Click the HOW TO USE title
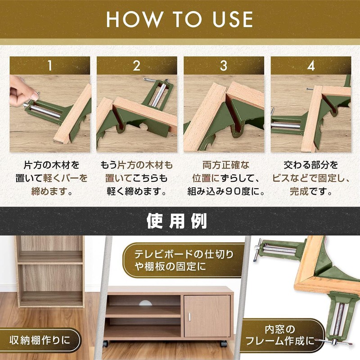point(180,19)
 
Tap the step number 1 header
point(50,65)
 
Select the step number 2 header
point(137,65)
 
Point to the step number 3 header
point(224,65)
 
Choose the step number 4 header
point(311,65)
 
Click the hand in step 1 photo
point(22,91)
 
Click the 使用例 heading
point(177,221)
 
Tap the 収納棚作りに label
point(40,340)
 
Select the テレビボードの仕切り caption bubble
point(184,261)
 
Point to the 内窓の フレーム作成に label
point(279,335)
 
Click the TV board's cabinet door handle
point(189,317)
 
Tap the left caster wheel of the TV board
point(105,343)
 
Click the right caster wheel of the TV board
point(224,344)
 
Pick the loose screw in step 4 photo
point(310,89)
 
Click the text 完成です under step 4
point(311,191)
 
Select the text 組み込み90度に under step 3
point(226,191)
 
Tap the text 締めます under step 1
point(52,191)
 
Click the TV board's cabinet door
point(207,316)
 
